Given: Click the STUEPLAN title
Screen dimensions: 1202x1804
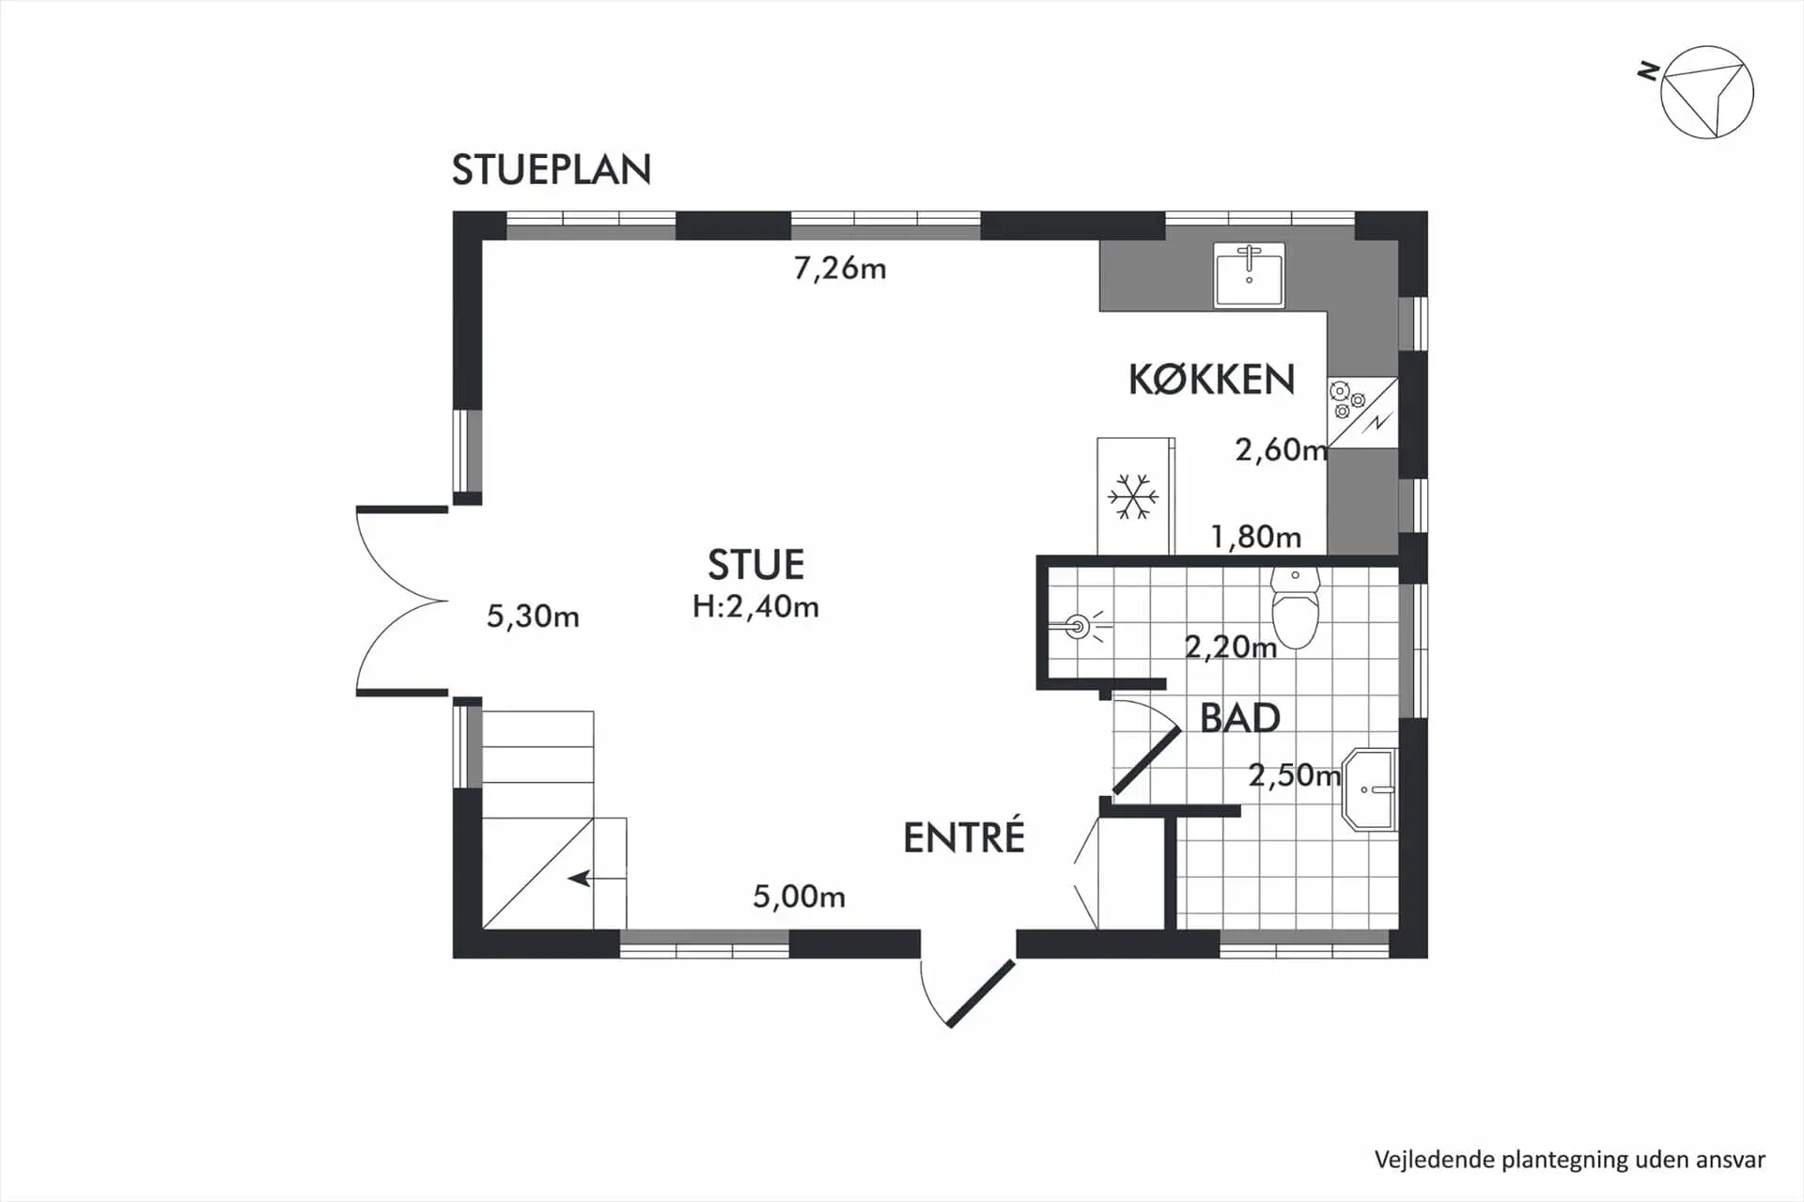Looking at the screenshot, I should [x=552, y=170].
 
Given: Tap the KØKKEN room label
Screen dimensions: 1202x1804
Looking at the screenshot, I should [x=1211, y=380].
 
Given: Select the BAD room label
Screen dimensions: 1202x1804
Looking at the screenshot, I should [x=1239, y=719].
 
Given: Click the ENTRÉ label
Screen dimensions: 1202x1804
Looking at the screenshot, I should [x=963, y=838].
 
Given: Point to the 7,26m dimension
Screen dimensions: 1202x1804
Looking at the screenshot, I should [x=839, y=269].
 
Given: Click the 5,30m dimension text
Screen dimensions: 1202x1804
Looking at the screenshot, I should [x=533, y=617].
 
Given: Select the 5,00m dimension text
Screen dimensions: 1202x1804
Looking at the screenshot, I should [x=799, y=897].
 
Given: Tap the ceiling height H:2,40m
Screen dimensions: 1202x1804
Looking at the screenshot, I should [x=755, y=607].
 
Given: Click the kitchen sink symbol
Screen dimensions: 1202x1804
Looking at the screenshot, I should [x=1249, y=274].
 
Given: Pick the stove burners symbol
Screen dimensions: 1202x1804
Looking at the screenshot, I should [x=1346, y=398].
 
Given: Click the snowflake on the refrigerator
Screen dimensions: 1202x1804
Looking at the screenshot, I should [x=1133, y=497].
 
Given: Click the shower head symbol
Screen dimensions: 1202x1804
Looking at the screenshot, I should [x=1079, y=626].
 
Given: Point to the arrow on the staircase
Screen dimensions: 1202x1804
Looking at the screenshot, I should [x=580, y=879].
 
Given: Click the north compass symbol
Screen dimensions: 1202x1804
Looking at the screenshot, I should [x=1705, y=92].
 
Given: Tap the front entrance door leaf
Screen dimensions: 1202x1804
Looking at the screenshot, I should [x=980, y=993].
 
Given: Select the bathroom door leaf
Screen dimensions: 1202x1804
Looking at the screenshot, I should [x=1146, y=761].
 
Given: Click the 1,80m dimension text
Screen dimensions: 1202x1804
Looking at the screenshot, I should [x=1255, y=538].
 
